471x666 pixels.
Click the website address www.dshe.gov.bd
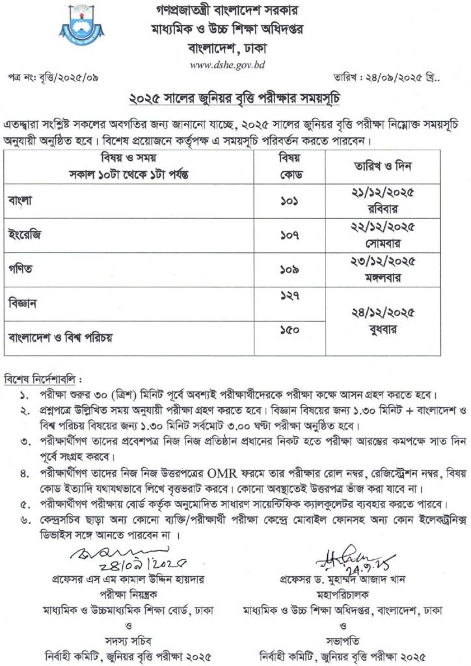click(235, 64)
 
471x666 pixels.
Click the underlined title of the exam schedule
click(235, 99)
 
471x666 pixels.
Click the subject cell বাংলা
click(21, 202)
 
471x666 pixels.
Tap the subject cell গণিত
click(21, 265)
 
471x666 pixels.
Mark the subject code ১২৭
click(288, 296)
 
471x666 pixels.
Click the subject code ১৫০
click(288, 330)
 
